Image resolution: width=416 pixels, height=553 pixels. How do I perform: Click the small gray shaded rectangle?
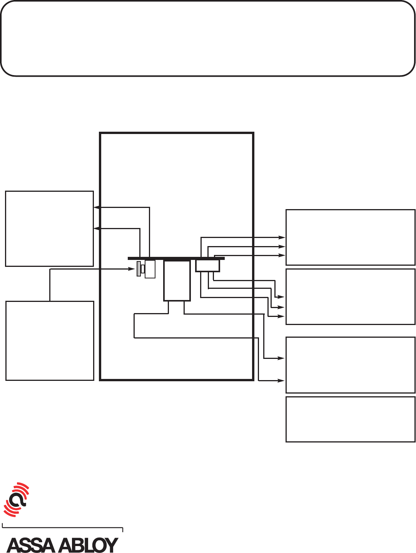pyautogui.click(x=139, y=269)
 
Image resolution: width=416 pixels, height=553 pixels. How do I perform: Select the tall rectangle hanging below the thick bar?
pyautogui.click(x=177, y=280)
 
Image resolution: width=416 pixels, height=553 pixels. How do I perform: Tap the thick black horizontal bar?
pyautogui.click(x=176, y=258)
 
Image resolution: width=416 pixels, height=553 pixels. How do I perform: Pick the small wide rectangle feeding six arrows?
pyautogui.click(x=207, y=266)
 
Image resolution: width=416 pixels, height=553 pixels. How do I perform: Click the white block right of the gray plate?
pyautogui.click(x=150, y=269)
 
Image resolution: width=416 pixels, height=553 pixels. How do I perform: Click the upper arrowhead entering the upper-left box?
pyautogui.click(x=97, y=208)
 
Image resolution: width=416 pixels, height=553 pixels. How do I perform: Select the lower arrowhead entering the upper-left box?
pyautogui.click(x=97, y=229)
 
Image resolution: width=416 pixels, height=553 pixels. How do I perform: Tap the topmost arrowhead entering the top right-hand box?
pyautogui.click(x=282, y=238)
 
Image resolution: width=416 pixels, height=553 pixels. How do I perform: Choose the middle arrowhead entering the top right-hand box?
pyautogui.click(x=282, y=246)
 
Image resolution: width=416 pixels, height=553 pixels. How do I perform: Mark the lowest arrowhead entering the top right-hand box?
pyautogui.click(x=282, y=255)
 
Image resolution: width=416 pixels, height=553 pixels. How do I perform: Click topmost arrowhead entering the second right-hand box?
pyautogui.click(x=282, y=297)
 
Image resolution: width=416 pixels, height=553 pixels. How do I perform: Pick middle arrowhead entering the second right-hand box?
pyautogui.click(x=282, y=307)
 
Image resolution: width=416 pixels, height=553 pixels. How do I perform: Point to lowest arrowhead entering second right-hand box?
pyautogui.click(x=282, y=316)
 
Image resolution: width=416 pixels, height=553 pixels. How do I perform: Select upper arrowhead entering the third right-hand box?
pyautogui.click(x=282, y=358)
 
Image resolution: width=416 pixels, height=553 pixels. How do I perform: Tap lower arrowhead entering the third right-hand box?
pyautogui.click(x=282, y=380)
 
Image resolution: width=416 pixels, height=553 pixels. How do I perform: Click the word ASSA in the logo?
pyautogui.click(x=31, y=545)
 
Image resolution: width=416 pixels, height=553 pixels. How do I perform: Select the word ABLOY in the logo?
pyautogui.click(x=89, y=545)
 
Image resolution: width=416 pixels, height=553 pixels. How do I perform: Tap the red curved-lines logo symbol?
pyautogui.click(x=17, y=499)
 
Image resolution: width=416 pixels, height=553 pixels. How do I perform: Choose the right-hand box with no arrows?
pyautogui.click(x=350, y=419)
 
